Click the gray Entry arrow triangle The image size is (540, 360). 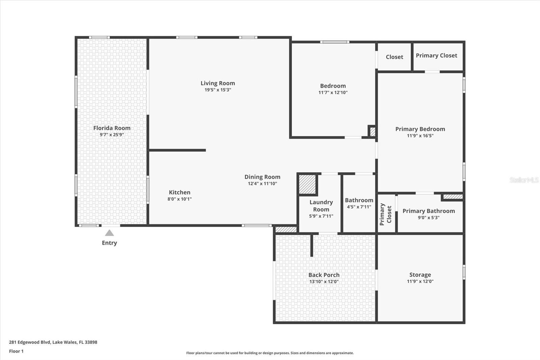point(109,233)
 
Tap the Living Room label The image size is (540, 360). point(218,83)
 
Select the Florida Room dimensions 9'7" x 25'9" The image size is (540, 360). point(112,135)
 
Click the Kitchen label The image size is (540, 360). point(180,192)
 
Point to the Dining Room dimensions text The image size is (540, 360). point(262,184)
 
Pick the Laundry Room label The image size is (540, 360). point(321,206)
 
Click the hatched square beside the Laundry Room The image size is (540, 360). point(307,184)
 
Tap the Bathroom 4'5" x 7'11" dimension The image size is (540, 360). point(359,207)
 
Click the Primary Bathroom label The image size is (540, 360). point(429,211)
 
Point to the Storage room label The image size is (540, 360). point(420,275)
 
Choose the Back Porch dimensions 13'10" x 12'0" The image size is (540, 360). point(324,282)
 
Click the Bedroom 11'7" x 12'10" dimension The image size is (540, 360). point(333,93)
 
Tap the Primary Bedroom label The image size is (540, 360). point(420,129)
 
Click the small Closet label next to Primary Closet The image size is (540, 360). point(394,57)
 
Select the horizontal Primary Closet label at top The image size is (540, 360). point(436,55)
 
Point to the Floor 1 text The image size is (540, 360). point(16,351)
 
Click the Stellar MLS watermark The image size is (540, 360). point(524,180)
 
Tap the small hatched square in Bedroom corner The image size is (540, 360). point(372,131)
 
